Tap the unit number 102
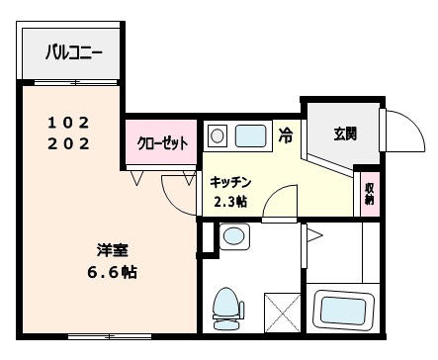(x=69, y=123)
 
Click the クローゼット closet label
(x=161, y=143)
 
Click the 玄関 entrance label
(x=345, y=134)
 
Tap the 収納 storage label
(x=369, y=192)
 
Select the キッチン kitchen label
(x=231, y=182)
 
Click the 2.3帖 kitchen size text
(x=231, y=202)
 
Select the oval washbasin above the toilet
(x=234, y=235)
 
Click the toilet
(x=227, y=306)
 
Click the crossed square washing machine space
(x=282, y=312)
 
